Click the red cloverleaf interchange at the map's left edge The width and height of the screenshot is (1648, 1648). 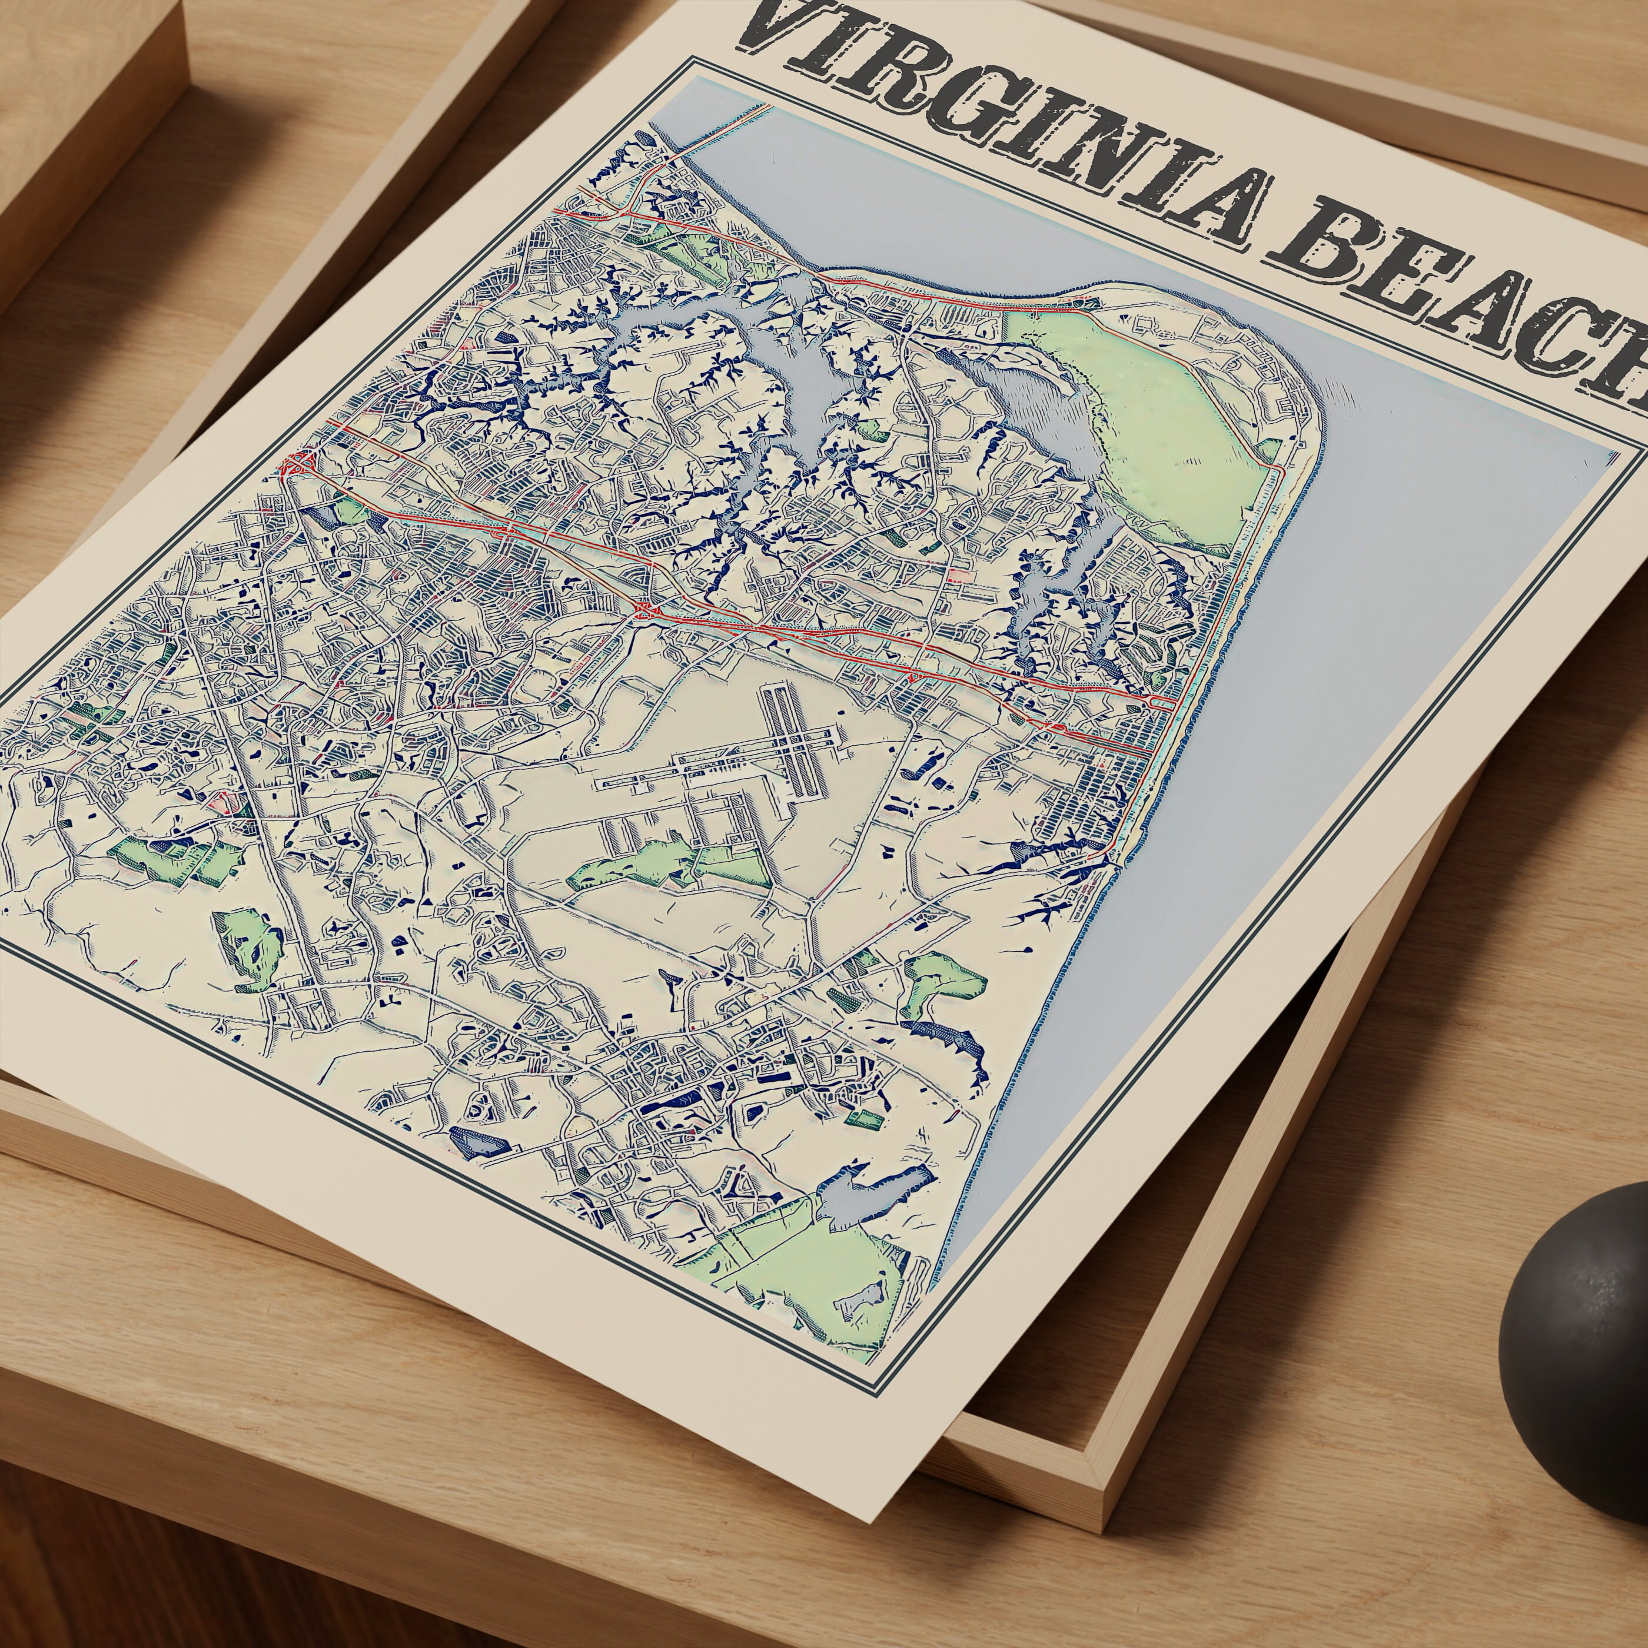point(298,465)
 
